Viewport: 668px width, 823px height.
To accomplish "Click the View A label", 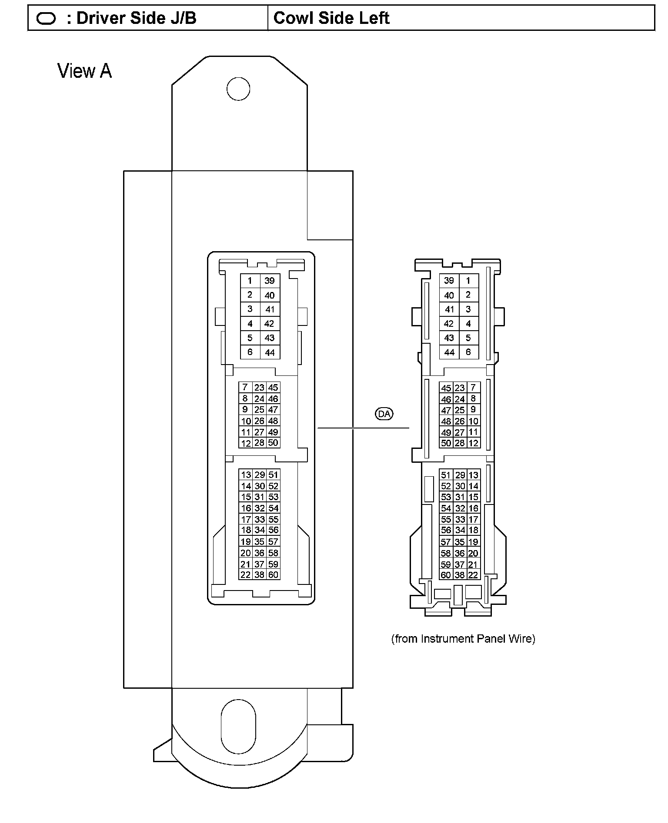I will pyautogui.click(x=85, y=71).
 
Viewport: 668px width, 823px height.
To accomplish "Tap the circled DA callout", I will pyautogui.click(x=384, y=414).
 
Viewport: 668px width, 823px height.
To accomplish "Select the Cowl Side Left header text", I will pyautogui.click(x=331, y=18).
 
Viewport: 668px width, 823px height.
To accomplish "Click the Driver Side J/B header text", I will pyautogui.click(x=136, y=18).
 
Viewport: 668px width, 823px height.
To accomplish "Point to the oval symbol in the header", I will pyautogui.click(x=46, y=19).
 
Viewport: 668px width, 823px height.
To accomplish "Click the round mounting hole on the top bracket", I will pyautogui.click(x=238, y=89).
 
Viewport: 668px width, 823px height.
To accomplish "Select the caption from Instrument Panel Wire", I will pyautogui.click(x=463, y=638).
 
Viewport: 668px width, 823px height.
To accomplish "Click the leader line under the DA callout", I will pyautogui.click(x=363, y=428).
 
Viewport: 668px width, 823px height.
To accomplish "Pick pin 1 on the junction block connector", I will pyautogui.click(x=250, y=281).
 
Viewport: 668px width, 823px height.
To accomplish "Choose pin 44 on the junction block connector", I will pyautogui.click(x=270, y=352).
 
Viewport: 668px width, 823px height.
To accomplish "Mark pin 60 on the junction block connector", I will pyautogui.click(x=273, y=575).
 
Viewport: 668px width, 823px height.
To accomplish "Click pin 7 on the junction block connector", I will pyautogui.click(x=245, y=387).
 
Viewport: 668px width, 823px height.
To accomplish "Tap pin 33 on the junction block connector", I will pyautogui.click(x=260, y=519).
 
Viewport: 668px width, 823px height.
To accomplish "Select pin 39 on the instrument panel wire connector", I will pyautogui.click(x=449, y=281).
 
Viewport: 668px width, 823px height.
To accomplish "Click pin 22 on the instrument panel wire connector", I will pyautogui.click(x=473, y=575).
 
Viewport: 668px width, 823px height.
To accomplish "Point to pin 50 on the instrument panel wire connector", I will pyautogui.click(x=446, y=443).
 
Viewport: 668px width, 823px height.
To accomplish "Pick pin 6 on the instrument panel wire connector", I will pyautogui.click(x=468, y=352).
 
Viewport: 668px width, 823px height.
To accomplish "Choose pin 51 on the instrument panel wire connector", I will pyautogui.click(x=446, y=475).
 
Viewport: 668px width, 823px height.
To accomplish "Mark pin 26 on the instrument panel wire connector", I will pyautogui.click(x=460, y=421).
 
